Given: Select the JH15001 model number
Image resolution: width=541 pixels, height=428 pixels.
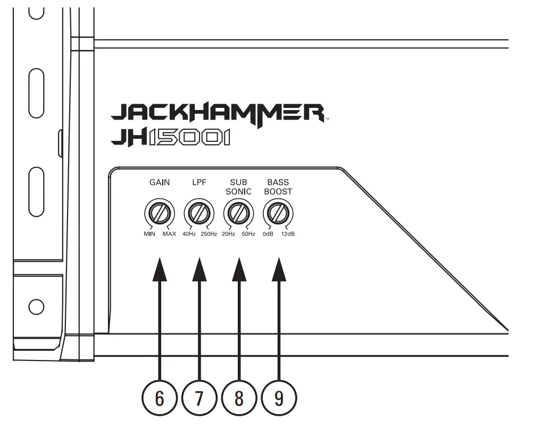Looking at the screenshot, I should [170, 138].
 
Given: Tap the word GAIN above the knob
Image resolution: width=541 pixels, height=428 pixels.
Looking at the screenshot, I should [159, 182].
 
